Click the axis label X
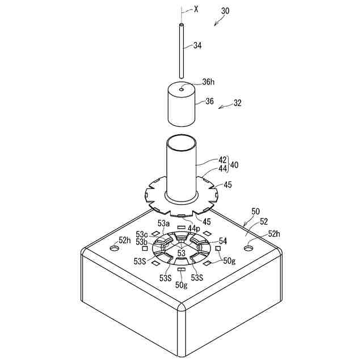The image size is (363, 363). (x=196, y=9)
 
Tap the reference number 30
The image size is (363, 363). (x=225, y=11)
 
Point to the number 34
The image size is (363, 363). (x=197, y=45)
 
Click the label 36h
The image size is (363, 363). (x=208, y=82)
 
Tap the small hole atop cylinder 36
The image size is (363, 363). (x=181, y=89)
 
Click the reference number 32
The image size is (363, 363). (x=237, y=103)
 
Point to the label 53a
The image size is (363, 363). (x=163, y=224)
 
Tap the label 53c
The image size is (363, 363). (x=142, y=234)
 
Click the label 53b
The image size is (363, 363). (x=142, y=242)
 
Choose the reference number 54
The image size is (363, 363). (x=223, y=241)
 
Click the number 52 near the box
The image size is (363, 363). (x=263, y=222)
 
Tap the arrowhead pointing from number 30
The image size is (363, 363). (x=214, y=24)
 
